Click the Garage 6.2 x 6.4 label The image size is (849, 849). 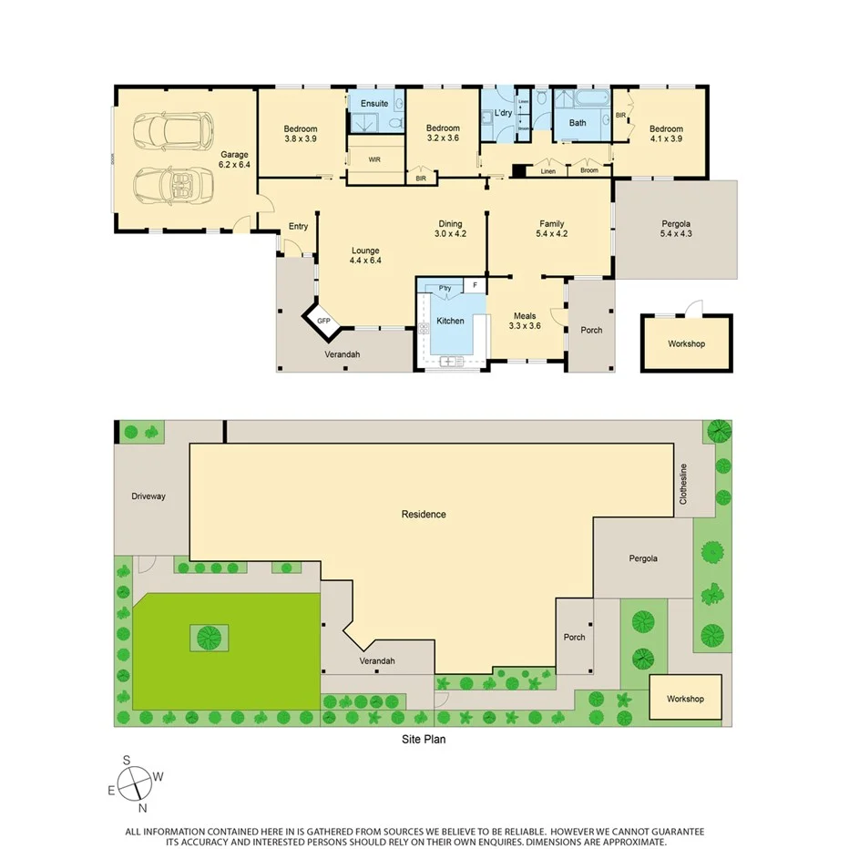pyautogui.click(x=235, y=160)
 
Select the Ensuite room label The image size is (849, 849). pyautogui.click(x=374, y=104)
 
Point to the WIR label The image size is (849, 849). pyautogui.click(x=374, y=159)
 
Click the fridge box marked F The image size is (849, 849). pyautogui.click(x=474, y=285)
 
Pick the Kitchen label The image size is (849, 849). pyautogui.click(x=450, y=321)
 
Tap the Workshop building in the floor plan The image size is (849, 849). pyautogui.click(x=685, y=343)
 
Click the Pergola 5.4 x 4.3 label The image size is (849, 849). pyautogui.click(x=675, y=230)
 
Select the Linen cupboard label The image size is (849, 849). pyautogui.click(x=547, y=171)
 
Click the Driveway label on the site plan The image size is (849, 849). pyautogui.click(x=148, y=496)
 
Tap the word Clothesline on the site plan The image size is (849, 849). pyautogui.click(x=682, y=483)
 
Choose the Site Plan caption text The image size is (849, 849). pyautogui.click(x=423, y=740)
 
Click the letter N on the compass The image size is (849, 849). pyautogui.click(x=143, y=807)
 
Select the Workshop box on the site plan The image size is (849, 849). pyautogui.click(x=685, y=699)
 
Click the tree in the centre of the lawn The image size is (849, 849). pyautogui.click(x=210, y=636)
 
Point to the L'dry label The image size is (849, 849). pyautogui.click(x=503, y=114)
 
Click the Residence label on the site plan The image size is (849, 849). pyautogui.click(x=424, y=515)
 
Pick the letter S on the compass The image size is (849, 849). pyautogui.click(x=128, y=761)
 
